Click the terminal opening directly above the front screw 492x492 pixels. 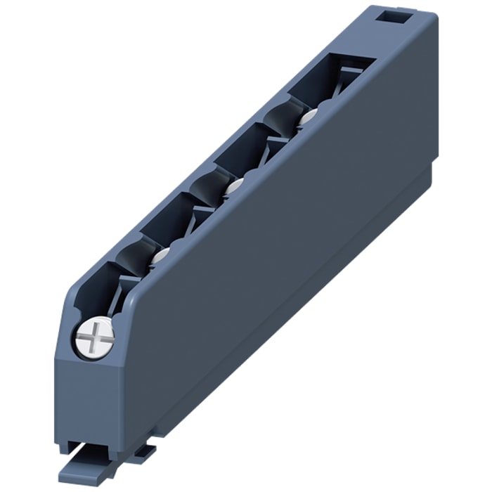pos(98,285)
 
